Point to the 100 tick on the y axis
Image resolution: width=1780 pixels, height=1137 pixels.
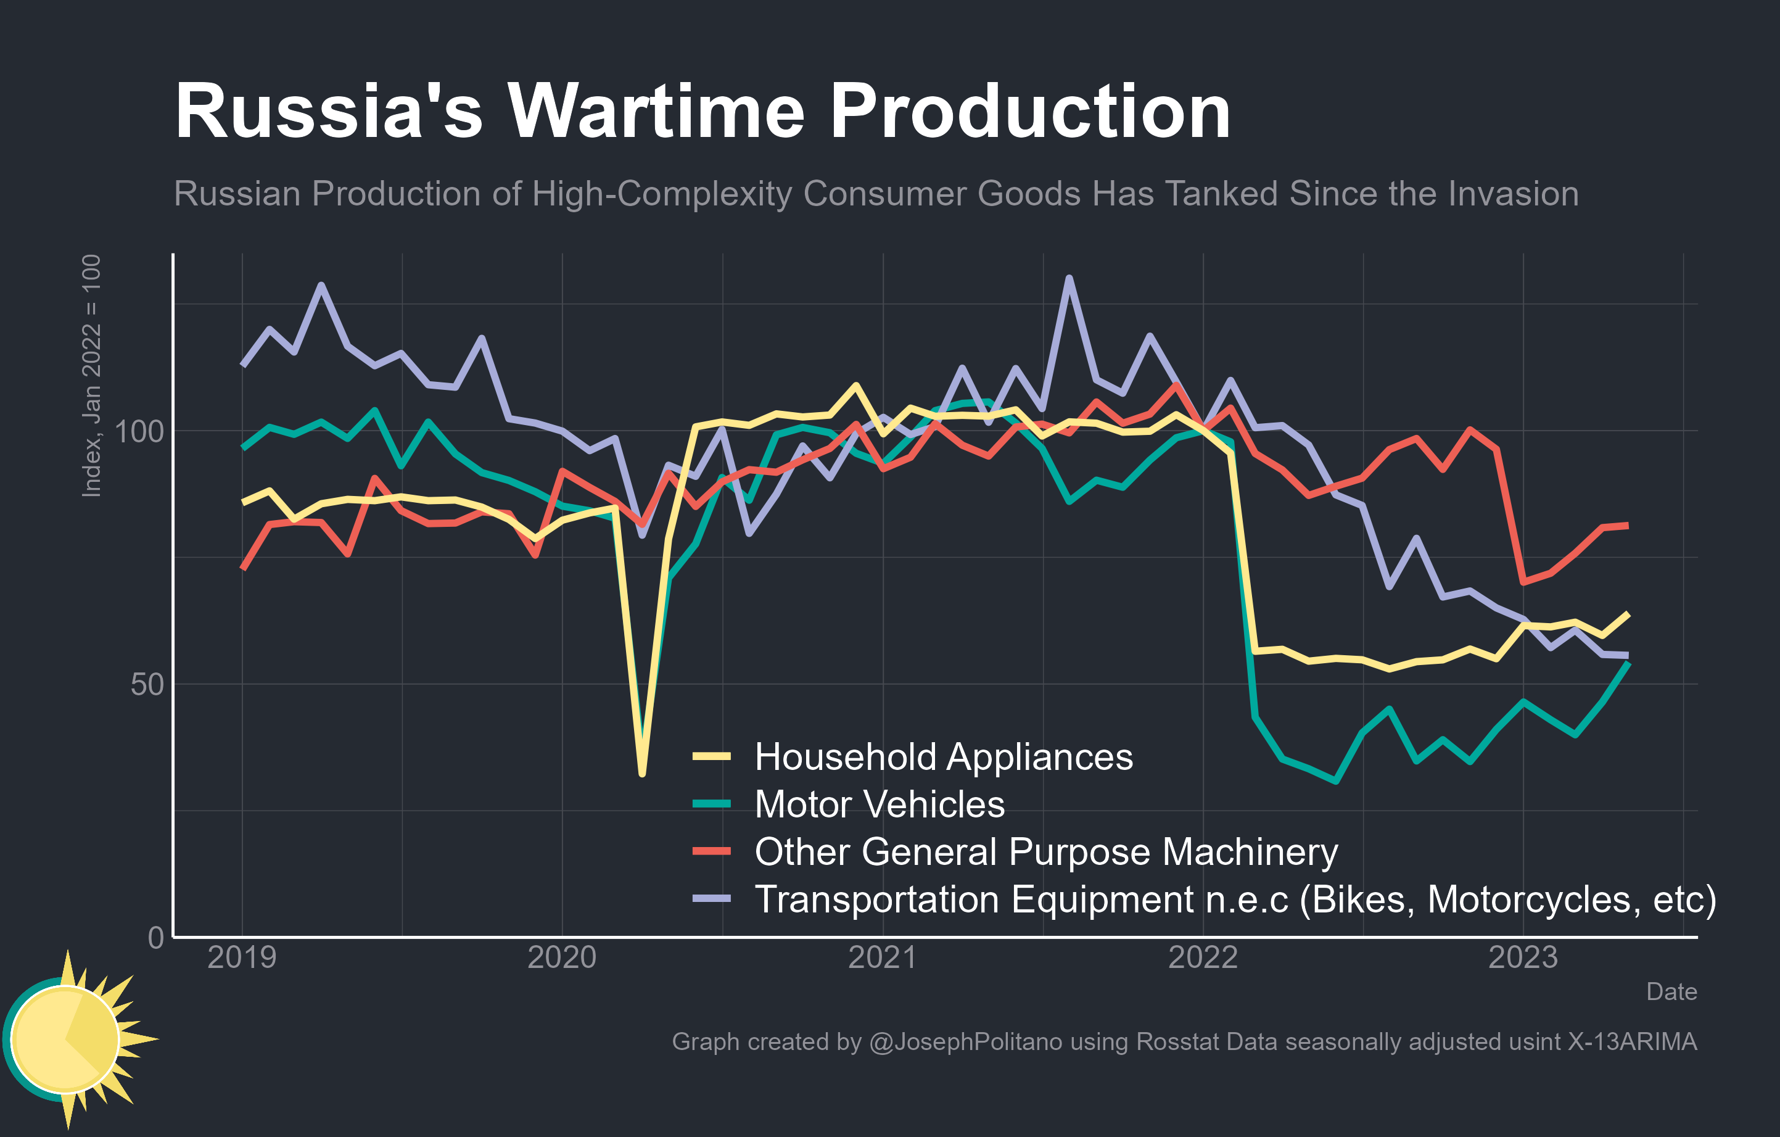[x=139, y=431]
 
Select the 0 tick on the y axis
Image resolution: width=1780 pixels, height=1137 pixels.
[x=155, y=937]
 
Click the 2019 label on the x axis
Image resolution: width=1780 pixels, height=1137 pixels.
[x=242, y=957]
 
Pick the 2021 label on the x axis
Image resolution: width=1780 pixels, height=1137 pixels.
[x=882, y=957]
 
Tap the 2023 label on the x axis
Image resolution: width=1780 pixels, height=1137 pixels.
[x=1522, y=957]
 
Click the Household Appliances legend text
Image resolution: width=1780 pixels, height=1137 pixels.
[x=943, y=757]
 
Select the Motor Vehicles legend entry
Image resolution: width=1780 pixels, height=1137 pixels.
[x=879, y=804]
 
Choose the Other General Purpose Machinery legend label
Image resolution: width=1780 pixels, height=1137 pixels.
[x=1045, y=851]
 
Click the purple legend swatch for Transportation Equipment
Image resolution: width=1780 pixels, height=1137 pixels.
[x=711, y=898]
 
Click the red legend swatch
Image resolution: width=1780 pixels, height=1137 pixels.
[x=711, y=851]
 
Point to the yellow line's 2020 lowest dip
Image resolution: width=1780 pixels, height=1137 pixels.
[x=641, y=773]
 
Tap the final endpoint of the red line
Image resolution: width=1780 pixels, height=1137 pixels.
[x=1627, y=526]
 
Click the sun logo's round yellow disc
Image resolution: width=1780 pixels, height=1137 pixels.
[x=65, y=1040]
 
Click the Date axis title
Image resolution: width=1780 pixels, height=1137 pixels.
[x=1671, y=991]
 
